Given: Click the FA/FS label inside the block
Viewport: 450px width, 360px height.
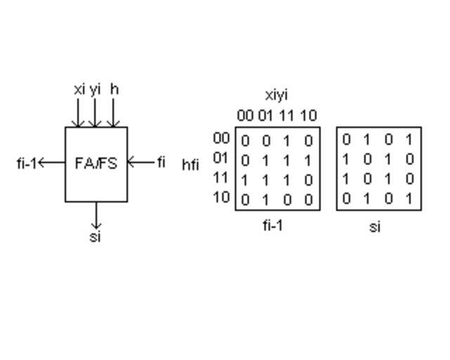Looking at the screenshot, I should coord(96,163).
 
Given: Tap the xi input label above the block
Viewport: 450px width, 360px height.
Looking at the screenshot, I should coord(79,89).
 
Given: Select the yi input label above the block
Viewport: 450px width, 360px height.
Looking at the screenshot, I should coord(95,89).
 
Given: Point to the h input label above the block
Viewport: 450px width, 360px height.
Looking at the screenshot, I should coord(114,89).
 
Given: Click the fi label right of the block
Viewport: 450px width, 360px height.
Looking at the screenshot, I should coord(161,162).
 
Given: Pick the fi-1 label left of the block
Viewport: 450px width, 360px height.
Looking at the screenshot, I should coord(26,163).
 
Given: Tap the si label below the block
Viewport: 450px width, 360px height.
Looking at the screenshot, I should coord(96,236).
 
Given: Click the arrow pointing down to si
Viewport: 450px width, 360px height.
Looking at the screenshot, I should coord(97,215).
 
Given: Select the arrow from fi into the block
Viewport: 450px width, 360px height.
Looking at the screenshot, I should coord(141,162).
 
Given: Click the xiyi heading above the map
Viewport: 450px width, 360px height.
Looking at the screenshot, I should coord(276,94).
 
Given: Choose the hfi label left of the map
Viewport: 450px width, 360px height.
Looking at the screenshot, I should coord(191,165).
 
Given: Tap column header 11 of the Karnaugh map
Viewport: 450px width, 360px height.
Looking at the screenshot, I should coord(287,115).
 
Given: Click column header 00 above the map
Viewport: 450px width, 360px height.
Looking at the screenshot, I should coord(245,115).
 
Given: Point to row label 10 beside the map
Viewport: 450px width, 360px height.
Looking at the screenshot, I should coord(221,196).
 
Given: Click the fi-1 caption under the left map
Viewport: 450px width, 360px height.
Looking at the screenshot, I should coord(273,225).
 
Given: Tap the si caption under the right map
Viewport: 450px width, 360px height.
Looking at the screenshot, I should coord(375,227).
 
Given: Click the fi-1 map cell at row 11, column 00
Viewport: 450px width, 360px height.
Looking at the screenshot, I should coord(245,180).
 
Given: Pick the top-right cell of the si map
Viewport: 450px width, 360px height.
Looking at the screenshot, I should coord(409,139).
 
